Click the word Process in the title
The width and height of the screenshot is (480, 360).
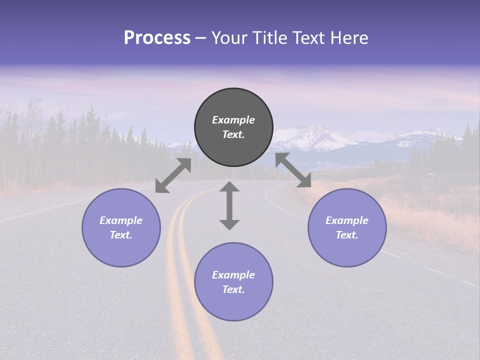click(x=157, y=38)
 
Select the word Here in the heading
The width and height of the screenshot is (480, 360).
click(x=349, y=38)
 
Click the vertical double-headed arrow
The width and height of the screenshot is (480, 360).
click(x=229, y=205)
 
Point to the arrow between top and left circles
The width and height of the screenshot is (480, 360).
click(x=173, y=175)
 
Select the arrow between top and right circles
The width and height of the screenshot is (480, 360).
click(x=293, y=170)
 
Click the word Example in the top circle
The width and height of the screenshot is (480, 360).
click(x=233, y=120)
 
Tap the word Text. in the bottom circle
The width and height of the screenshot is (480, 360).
click(x=233, y=289)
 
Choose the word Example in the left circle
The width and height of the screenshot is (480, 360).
click(x=121, y=220)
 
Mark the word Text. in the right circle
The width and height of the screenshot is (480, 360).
click(x=347, y=235)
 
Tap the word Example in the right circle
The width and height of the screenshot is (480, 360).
click(x=347, y=220)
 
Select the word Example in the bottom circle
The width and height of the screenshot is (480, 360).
click(x=233, y=275)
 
